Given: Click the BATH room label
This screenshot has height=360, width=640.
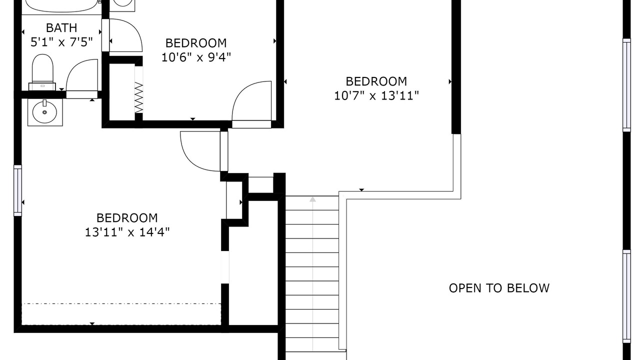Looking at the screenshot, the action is point(61,28).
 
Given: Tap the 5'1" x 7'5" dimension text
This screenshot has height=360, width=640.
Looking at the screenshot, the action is point(61,42).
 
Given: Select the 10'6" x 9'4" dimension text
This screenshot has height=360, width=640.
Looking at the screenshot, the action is point(196,57).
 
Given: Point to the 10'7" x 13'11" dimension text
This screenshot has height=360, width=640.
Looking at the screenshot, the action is point(376,95).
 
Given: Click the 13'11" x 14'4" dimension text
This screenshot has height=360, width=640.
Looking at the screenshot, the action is point(127,232).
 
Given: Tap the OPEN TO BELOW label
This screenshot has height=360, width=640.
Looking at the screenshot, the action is point(499,288).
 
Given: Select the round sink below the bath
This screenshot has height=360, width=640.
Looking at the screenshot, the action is point(45,112).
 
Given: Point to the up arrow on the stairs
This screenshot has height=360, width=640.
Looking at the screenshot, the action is point(312,199).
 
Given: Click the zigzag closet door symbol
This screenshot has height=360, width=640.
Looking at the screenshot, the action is point(139,97).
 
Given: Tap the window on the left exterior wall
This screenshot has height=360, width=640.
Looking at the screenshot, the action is point(17,190).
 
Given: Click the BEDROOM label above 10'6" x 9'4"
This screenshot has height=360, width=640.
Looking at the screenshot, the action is point(196,43).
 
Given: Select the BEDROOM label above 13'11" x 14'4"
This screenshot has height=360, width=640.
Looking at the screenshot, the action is point(127,218).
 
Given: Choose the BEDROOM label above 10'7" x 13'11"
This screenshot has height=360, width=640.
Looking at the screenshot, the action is point(376,81).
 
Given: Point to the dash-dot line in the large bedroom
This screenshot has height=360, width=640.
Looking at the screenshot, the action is point(121,303).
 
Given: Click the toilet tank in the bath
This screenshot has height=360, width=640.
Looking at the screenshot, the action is point(42,86).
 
